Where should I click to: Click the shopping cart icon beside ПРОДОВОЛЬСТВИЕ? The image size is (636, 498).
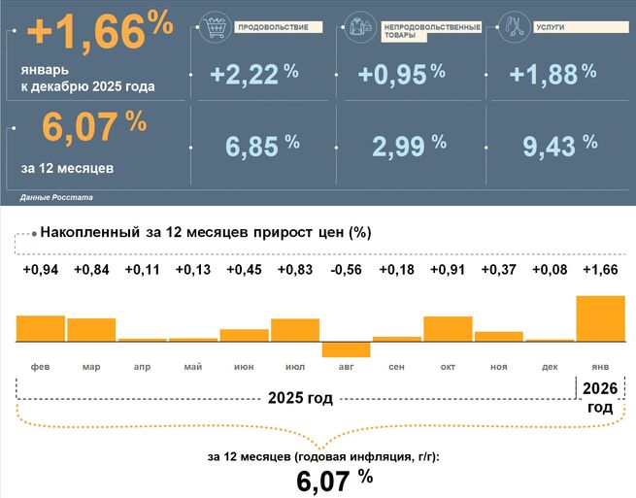tap(212, 27)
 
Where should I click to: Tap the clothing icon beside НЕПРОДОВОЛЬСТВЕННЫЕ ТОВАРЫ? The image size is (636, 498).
tap(360, 29)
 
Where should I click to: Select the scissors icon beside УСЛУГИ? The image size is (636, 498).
tap(514, 28)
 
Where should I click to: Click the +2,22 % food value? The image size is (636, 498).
tap(253, 75)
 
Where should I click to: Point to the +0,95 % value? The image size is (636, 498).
tap(401, 75)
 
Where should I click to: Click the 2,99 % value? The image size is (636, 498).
tap(408, 146)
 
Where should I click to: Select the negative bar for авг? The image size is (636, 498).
tap(346, 350)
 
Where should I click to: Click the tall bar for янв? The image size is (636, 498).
tap(599, 319)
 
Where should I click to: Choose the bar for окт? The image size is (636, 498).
tap(448, 330)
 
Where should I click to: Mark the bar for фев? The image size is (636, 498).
tap(41, 329)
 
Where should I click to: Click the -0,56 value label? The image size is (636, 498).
tap(346, 270)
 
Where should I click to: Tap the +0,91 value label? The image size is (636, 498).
tap(448, 270)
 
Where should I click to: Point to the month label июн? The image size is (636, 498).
tap(244, 367)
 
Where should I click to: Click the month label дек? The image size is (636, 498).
tap(549, 367)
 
